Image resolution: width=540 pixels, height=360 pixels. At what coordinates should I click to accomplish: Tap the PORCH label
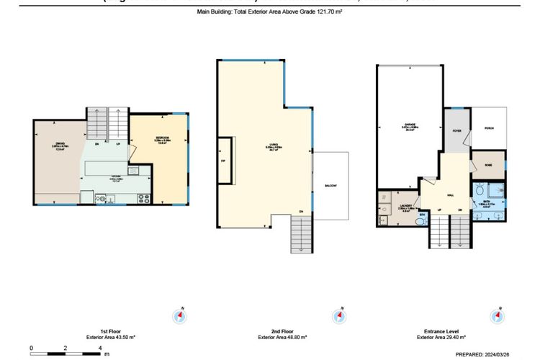490,128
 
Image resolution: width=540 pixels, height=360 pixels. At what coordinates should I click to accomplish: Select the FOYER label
456,130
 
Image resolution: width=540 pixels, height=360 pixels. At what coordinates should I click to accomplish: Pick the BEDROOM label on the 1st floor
163,138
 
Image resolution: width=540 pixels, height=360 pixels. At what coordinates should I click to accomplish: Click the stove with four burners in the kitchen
141,197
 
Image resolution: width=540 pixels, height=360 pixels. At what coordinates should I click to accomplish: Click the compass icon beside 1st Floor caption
179,316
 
